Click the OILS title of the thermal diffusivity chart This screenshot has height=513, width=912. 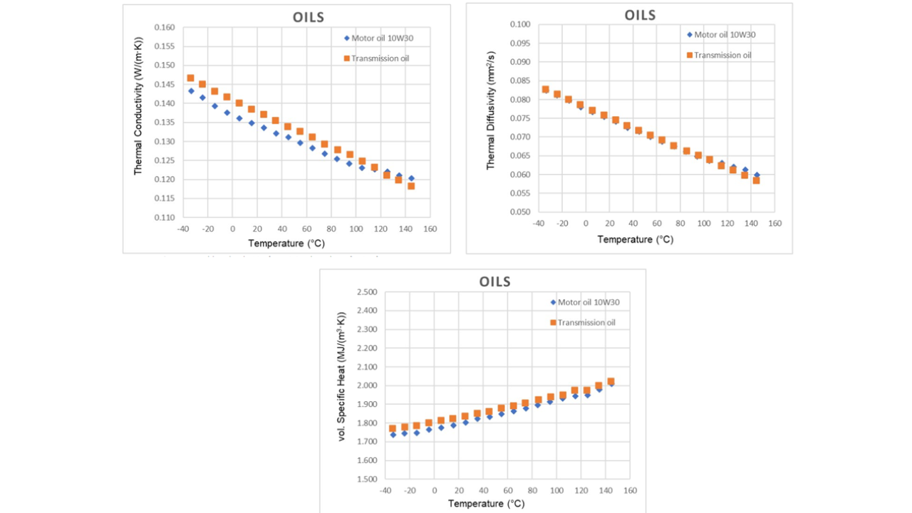click(x=640, y=15)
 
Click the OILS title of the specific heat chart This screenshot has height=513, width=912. click(x=495, y=281)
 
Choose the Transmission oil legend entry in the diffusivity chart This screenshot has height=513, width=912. click(x=722, y=56)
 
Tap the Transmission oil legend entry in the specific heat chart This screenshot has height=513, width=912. click(x=586, y=323)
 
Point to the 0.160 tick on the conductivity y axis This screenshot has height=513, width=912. click(x=165, y=28)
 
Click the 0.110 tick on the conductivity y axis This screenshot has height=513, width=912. click(x=165, y=217)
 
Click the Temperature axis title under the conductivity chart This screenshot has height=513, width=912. click(x=286, y=243)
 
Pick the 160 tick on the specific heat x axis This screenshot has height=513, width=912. click(x=630, y=491)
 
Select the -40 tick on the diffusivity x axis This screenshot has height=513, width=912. click(x=538, y=224)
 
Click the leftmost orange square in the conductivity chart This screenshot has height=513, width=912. click(x=190, y=78)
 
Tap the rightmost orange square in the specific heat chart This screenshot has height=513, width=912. click(x=611, y=382)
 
